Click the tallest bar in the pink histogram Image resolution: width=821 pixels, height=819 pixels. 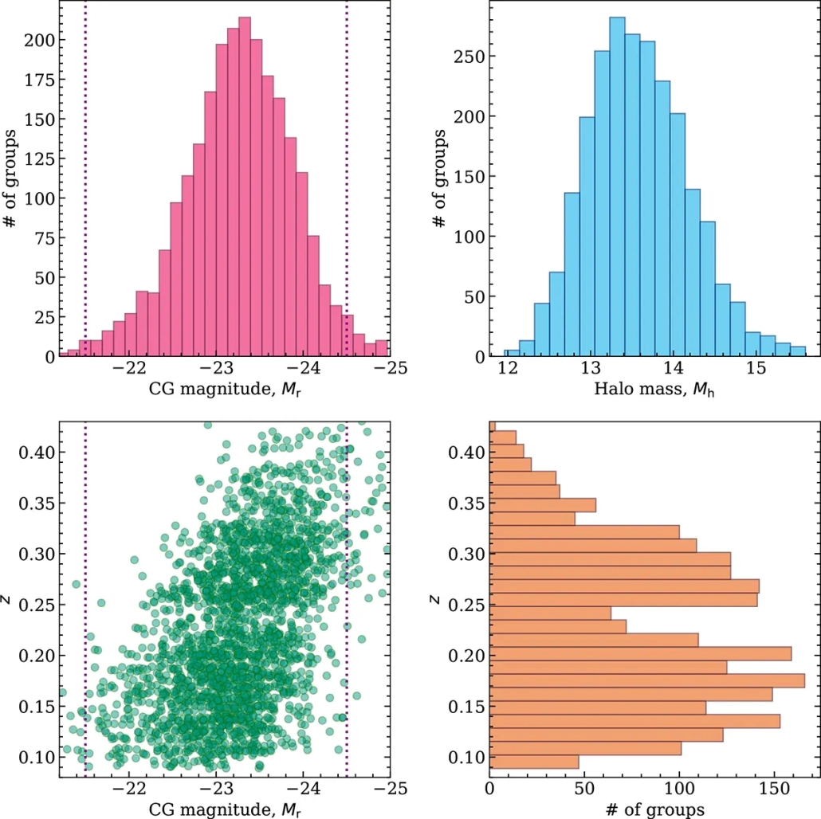pyautogui.click(x=245, y=186)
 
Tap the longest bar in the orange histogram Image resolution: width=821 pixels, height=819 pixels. pyautogui.click(x=647, y=680)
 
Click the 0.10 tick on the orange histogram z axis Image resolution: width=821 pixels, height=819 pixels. pyautogui.click(x=464, y=756)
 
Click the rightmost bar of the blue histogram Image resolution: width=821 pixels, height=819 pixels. pyautogui.click(x=799, y=351)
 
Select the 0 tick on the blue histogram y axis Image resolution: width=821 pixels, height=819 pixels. pyautogui.click(x=473, y=356)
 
